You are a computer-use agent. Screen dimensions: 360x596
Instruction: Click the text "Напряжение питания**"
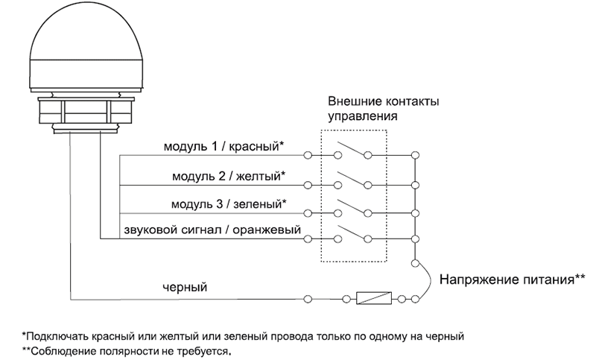tap(512, 280)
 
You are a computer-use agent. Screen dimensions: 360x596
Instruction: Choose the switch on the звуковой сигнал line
tap(353, 235)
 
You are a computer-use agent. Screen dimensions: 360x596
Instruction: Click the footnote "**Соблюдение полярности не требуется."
tap(127, 350)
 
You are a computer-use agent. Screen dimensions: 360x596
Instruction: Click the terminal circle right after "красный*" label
tap(308, 155)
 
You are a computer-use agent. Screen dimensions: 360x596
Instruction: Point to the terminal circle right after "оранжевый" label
tap(308, 239)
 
